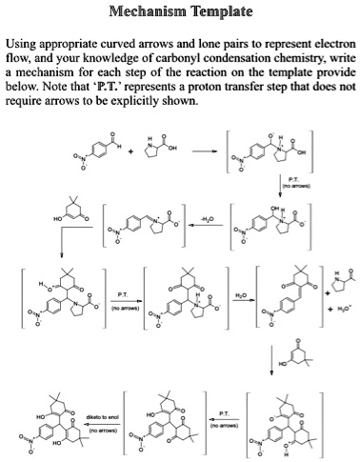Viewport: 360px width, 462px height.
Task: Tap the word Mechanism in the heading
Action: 146,14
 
